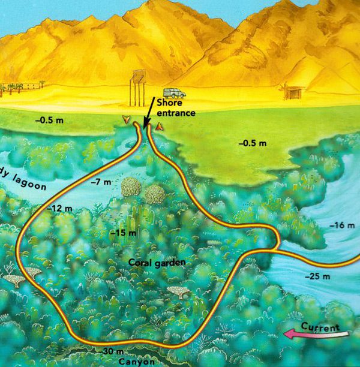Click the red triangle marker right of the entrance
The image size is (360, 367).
(158, 127)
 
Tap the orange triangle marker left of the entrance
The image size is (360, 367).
(125, 120)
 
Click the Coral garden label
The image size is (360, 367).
(149, 262)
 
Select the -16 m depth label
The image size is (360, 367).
(342, 225)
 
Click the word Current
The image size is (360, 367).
(320, 327)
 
